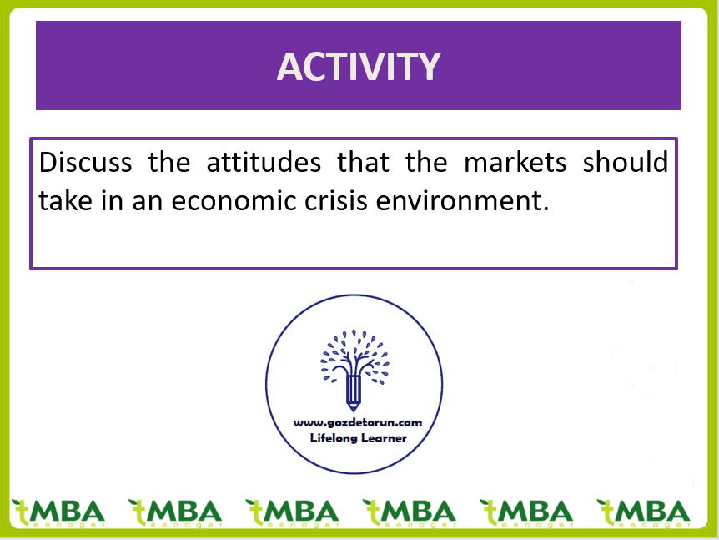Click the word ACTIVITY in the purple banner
coord(359,67)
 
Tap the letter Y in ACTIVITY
coord(429,67)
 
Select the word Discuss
coord(86,162)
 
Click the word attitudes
coord(264,162)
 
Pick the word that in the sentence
coord(363,162)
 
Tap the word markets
coord(515,162)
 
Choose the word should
coord(626,162)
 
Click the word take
coord(66,200)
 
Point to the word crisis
coord(336,200)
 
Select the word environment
coord(462,201)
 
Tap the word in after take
coord(113,200)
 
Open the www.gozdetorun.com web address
coord(358,423)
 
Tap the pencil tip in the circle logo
coord(353,407)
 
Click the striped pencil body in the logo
coord(353,389)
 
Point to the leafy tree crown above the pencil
coord(354,353)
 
